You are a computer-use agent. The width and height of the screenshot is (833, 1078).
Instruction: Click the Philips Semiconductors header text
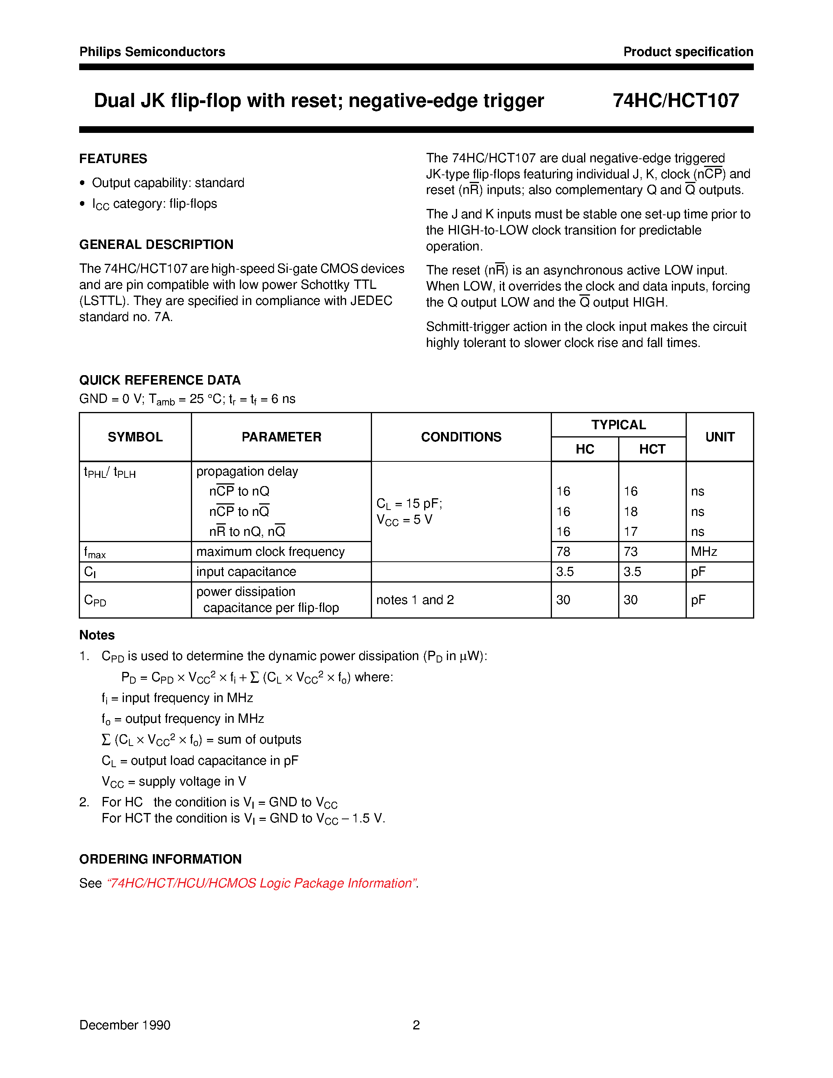click(152, 52)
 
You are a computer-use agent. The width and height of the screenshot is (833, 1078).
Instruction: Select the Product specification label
click(688, 52)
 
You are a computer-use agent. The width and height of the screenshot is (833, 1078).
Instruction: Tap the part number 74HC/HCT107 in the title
click(675, 101)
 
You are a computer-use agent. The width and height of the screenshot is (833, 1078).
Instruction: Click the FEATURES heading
click(113, 158)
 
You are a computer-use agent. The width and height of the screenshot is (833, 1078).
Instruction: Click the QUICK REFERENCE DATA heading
click(160, 380)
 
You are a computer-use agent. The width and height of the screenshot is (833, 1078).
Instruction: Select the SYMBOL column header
click(135, 437)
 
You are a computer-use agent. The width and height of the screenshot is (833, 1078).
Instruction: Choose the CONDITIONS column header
click(461, 437)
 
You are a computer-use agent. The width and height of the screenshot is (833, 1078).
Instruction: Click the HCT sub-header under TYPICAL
click(652, 449)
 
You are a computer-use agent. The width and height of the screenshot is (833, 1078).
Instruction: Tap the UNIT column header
click(719, 437)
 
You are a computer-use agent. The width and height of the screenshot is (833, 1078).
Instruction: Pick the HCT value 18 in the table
click(631, 511)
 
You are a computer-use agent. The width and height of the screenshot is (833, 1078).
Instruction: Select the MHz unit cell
click(704, 551)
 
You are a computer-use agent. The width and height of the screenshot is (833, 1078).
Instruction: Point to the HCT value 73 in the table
click(631, 551)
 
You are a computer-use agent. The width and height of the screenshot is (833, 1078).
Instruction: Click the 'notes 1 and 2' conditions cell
click(415, 600)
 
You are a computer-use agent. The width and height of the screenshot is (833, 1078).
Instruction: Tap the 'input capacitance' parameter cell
click(246, 572)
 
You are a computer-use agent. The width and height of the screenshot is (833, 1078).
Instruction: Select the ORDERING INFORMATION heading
click(160, 859)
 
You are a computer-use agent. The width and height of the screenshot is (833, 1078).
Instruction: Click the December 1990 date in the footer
click(125, 1025)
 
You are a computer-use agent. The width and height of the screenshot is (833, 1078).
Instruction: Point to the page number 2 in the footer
click(416, 1025)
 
